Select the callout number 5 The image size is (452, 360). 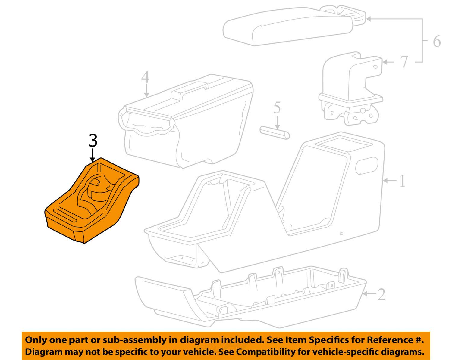click(277, 107)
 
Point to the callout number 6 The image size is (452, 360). click(437, 41)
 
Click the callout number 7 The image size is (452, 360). click(404, 62)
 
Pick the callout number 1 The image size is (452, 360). click(402, 181)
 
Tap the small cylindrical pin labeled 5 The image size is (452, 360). click(275, 132)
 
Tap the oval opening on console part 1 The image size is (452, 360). click(366, 166)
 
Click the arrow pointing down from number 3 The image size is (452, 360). click(92, 155)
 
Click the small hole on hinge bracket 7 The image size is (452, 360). click(375, 67)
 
